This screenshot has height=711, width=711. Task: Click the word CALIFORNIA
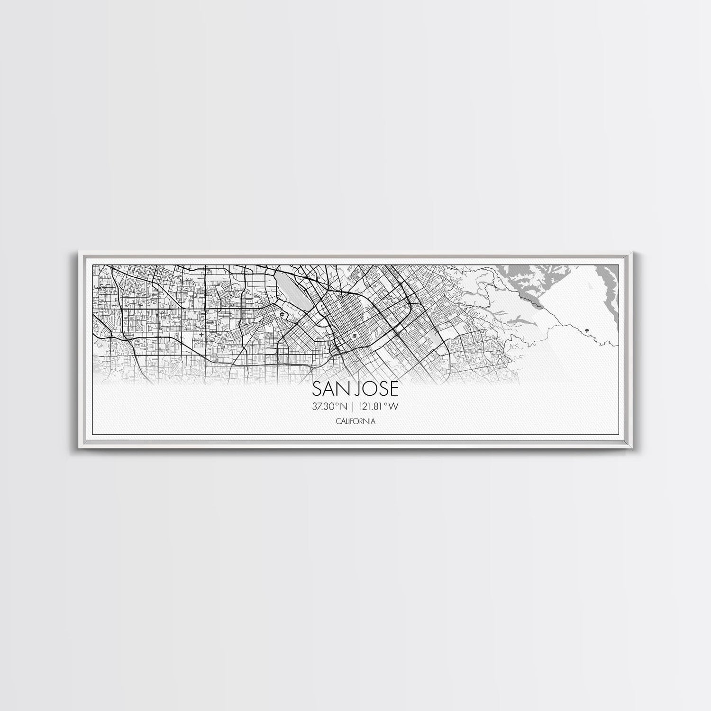click(355, 420)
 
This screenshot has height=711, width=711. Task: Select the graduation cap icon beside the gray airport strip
click(281, 314)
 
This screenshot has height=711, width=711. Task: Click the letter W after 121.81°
click(393, 406)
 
